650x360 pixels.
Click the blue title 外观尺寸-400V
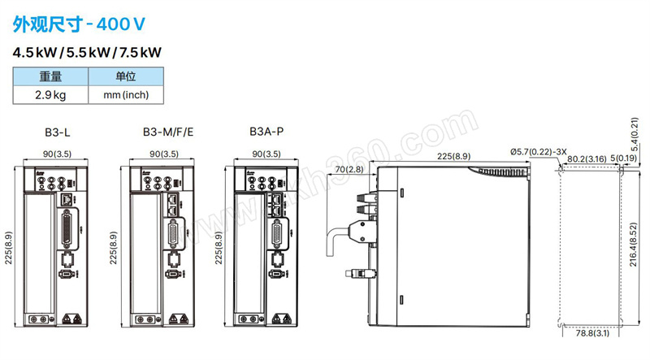pos(79,24)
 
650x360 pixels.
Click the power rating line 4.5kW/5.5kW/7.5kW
pos(87,53)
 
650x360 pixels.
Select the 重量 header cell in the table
pos(50,76)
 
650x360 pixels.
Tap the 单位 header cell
pos(126,76)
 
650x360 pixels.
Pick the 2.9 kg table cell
pos(50,95)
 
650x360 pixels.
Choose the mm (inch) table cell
pos(126,95)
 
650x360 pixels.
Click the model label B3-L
pos(58,132)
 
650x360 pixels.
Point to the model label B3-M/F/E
pos(168,132)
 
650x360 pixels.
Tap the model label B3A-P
pos(266,132)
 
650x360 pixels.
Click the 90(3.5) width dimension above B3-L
pos(57,154)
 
